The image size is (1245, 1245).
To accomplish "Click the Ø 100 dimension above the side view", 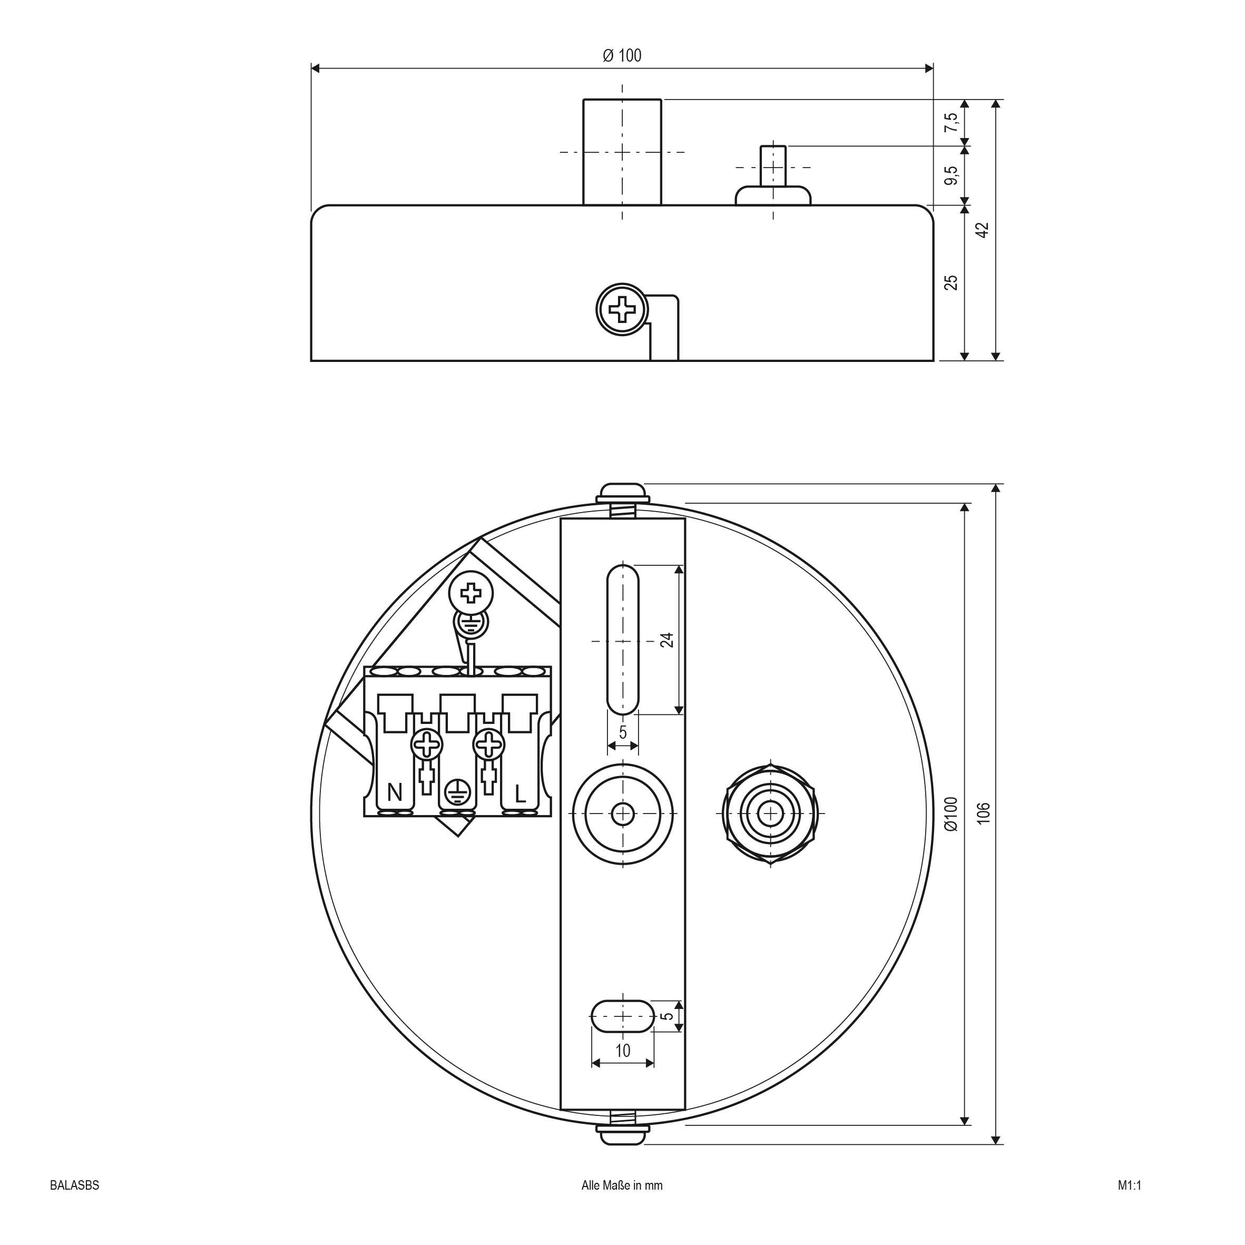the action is [x=622, y=56].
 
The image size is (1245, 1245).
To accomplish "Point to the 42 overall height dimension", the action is [x=982, y=230].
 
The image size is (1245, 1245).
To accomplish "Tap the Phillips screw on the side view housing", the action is [x=622, y=309].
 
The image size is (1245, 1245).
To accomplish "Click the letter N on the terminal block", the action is [x=395, y=792].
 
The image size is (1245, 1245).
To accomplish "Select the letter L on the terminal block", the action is [x=521, y=792].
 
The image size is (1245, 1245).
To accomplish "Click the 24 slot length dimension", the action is [x=667, y=640].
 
